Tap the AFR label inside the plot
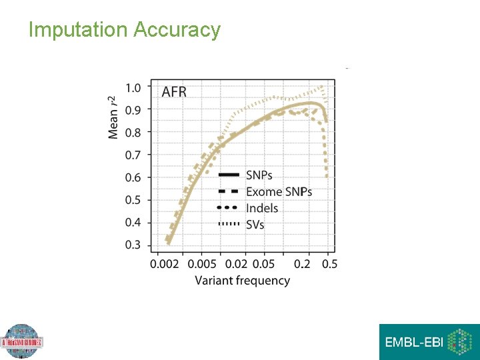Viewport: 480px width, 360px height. coord(174,92)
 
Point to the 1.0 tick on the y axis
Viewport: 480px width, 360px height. coord(133,87)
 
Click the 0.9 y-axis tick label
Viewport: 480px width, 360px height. coord(133,110)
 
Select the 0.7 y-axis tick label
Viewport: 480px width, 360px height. coord(133,155)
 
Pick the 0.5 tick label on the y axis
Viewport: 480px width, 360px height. coord(133,200)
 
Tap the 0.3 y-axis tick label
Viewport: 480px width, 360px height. coord(133,245)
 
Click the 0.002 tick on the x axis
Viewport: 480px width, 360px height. coord(164,264)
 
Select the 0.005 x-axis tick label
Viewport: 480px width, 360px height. coord(202,264)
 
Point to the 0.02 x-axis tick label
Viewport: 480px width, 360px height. coord(237,264)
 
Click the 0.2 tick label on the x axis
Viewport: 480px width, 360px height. coord(303,264)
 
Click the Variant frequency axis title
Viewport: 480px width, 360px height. coord(242,281)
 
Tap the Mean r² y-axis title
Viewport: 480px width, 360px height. coord(114,117)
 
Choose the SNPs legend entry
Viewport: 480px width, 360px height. coord(259,175)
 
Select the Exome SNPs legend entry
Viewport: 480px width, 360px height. coord(279,192)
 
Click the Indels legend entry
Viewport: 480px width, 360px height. coord(262,208)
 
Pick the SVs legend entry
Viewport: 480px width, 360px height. coord(255,225)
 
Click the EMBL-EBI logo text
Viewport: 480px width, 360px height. coord(414,343)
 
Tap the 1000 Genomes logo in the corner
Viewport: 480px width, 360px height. coord(22,342)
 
